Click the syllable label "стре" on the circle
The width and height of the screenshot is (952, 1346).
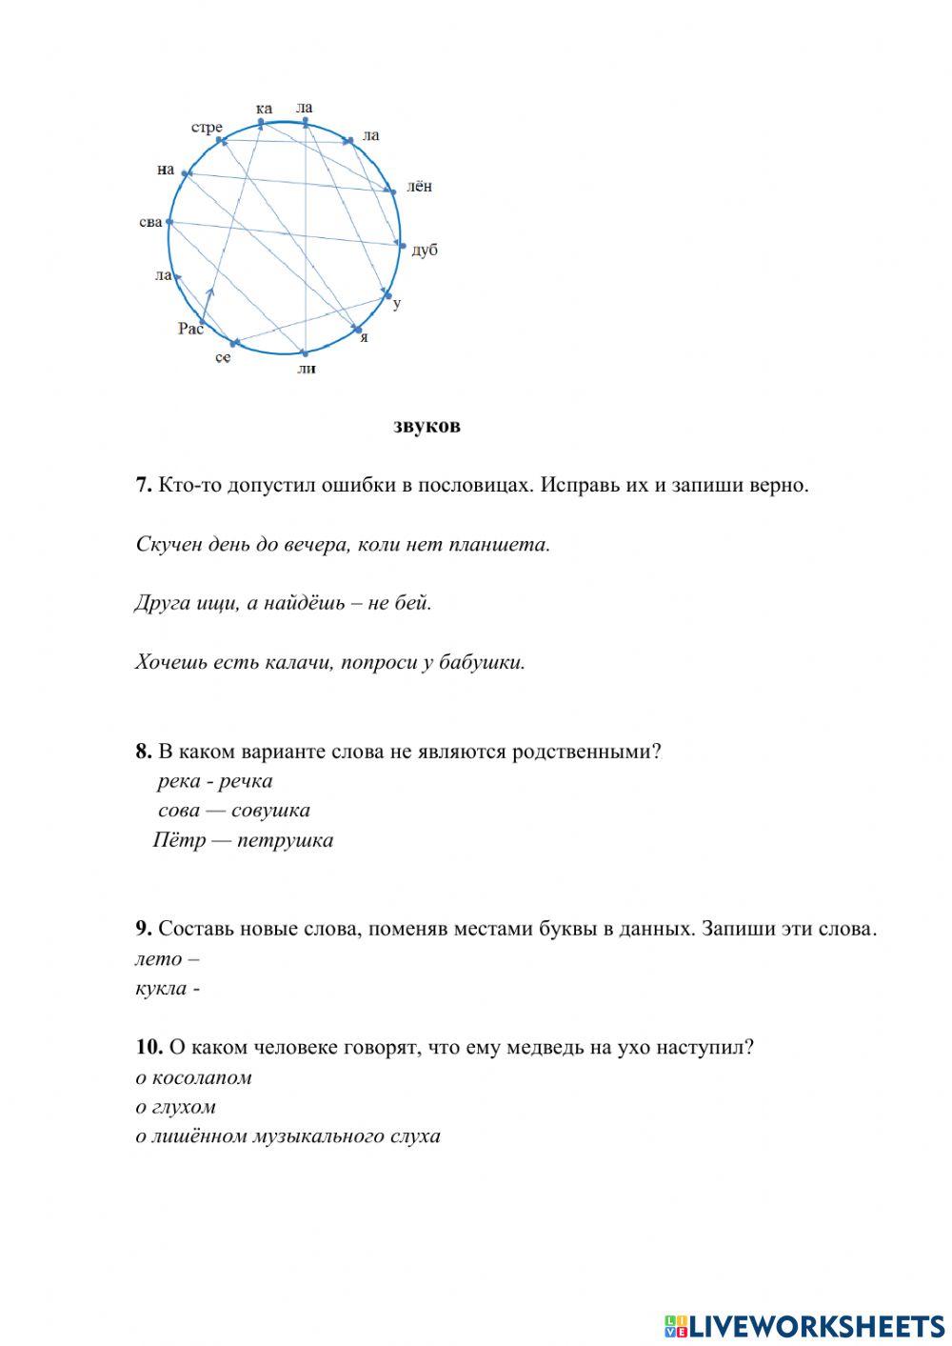click(207, 128)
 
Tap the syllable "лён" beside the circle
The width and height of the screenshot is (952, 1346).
click(419, 187)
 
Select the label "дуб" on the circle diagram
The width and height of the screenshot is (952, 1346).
click(425, 251)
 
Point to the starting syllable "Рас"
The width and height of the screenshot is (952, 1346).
click(190, 329)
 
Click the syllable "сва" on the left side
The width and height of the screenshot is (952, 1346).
click(150, 222)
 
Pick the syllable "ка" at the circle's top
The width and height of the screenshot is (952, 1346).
click(264, 109)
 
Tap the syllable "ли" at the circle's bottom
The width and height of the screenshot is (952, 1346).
click(306, 369)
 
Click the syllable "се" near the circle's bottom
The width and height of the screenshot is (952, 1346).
click(223, 357)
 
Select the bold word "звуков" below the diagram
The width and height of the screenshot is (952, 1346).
click(426, 426)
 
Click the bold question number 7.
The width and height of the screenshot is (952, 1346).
click(144, 485)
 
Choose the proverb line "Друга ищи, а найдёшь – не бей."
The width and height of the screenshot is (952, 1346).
click(284, 603)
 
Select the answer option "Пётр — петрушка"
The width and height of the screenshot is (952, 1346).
click(243, 840)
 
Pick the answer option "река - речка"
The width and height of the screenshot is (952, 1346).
click(215, 781)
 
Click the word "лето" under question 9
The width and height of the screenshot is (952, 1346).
click(158, 959)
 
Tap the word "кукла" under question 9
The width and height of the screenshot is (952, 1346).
click(161, 988)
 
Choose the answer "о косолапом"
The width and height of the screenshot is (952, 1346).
click(193, 1077)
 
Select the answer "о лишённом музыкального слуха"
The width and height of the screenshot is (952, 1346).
click(288, 1135)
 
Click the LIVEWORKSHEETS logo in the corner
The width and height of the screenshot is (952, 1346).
click(803, 1325)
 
